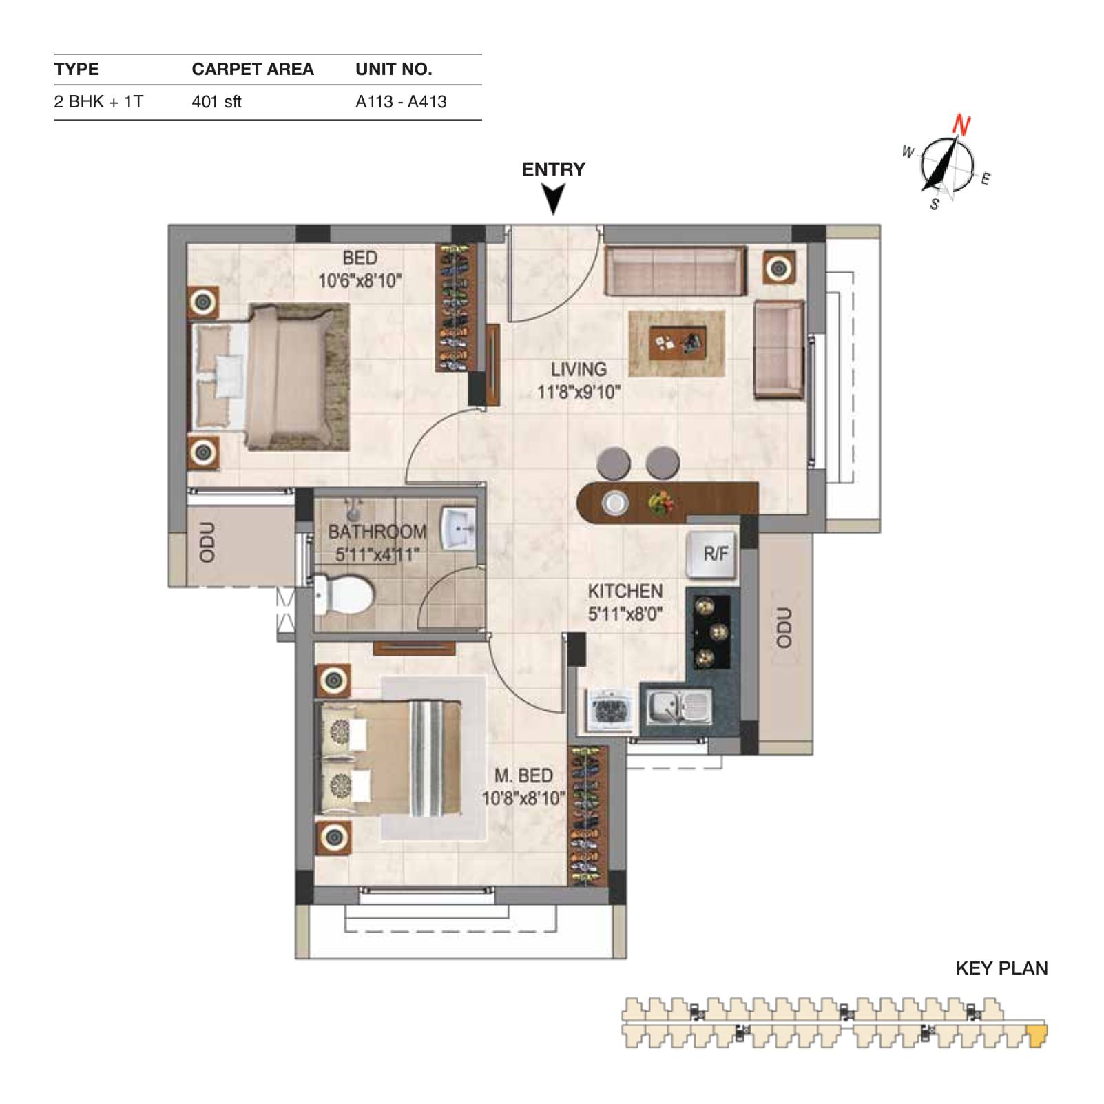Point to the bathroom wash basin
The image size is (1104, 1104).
[458, 528]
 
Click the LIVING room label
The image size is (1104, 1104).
[579, 369]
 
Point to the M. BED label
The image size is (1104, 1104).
[523, 775]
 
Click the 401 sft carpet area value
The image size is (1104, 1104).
[216, 102]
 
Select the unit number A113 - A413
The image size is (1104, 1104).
[401, 102]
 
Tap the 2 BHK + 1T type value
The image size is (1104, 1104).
[98, 102]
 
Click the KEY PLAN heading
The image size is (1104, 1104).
[1001, 968]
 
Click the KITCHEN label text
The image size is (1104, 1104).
[625, 591]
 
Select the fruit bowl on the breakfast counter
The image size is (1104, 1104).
[660, 503]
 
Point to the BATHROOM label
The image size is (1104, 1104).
[377, 532]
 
